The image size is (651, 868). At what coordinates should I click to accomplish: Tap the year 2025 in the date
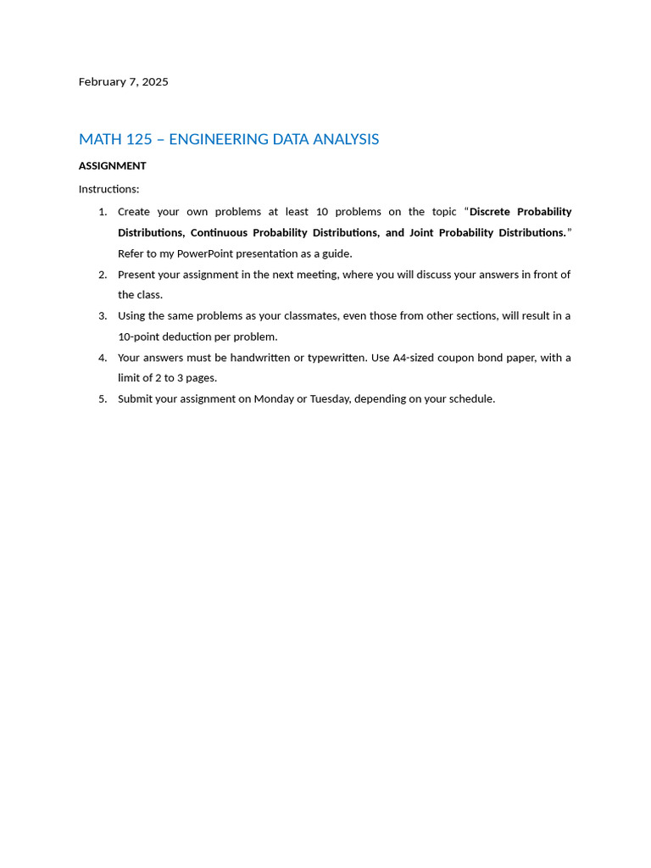click(x=155, y=82)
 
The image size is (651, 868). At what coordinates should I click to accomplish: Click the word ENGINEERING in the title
click(x=216, y=139)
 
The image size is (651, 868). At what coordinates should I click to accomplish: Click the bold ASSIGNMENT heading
click(x=112, y=166)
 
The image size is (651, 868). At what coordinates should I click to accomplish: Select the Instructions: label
click(x=108, y=189)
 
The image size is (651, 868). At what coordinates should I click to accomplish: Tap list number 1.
click(x=103, y=212)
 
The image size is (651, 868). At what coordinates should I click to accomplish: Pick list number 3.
click(x=103, y=316)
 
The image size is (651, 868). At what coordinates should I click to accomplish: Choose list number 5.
click(x=103, y=399)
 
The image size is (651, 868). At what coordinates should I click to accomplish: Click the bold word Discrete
click(x=490, y=212)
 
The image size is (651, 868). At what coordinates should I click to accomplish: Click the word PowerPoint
click(x=205, y=253)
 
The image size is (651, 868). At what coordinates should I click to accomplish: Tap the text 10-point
click(x=141, y=337)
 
